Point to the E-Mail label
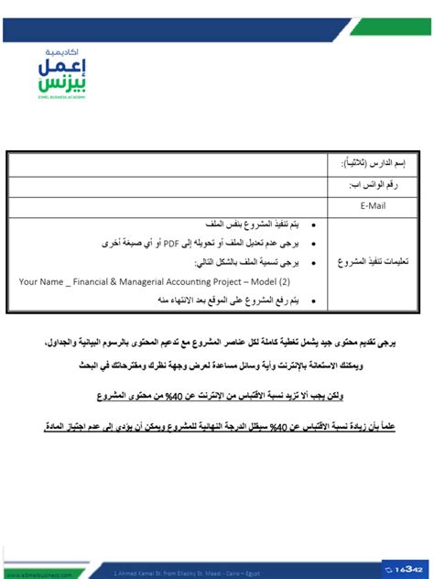(x=374, y=205)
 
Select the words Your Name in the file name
(x=40, y=282)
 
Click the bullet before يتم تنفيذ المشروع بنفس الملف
(x=314, y=224)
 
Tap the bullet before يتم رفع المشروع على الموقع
(x=314, y=300)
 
